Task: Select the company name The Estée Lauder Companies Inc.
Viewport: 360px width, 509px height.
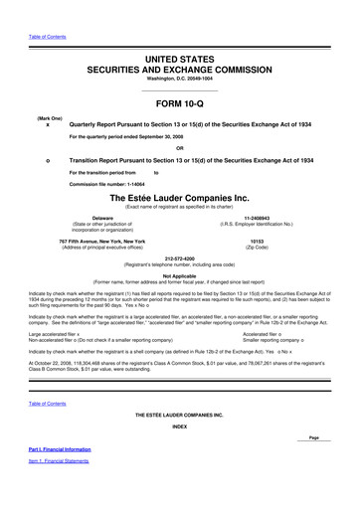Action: click(180, 199)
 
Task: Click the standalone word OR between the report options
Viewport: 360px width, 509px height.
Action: click(179, 148)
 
